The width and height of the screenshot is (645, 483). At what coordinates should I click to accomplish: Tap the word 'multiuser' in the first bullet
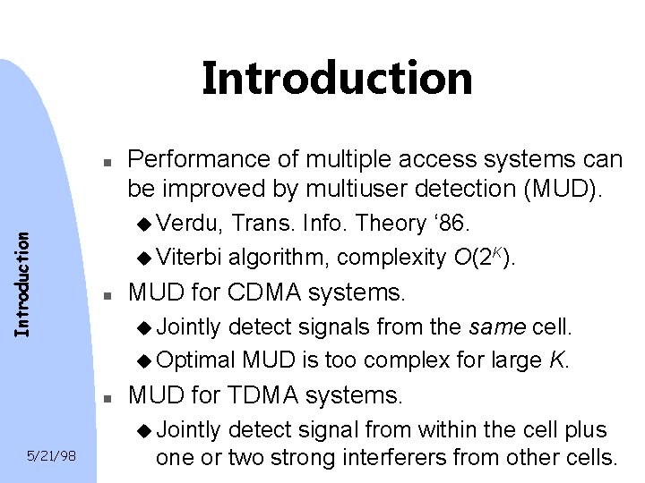(x=348, y=190)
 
